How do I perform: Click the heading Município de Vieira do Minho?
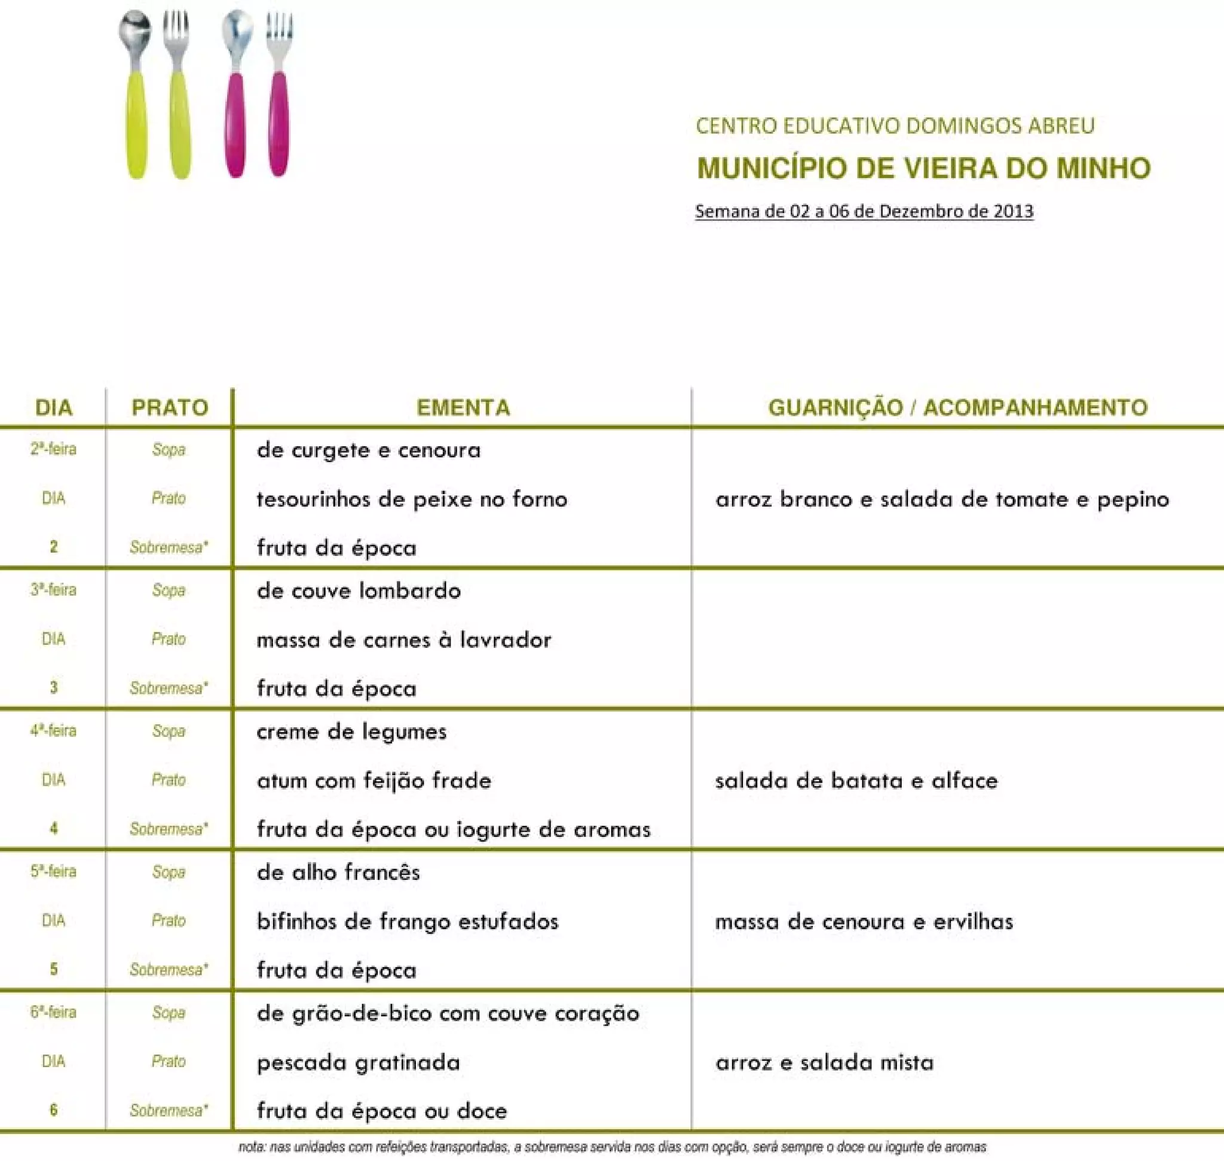coord(923,168)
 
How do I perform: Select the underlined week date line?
coord(864,211)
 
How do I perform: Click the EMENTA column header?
coord(463,408)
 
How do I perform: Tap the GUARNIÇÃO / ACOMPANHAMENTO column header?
coord(957,408)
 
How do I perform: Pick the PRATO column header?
coord(170,408)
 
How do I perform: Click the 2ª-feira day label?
coord(53,449)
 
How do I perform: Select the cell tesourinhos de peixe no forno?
coord(412,499)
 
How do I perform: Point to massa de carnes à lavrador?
coord(404,640)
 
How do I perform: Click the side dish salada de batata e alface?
coord(856,781)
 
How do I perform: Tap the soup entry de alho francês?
coord(338,873)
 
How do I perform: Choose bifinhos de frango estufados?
coord(408,922)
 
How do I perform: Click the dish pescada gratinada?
coord(358,1062)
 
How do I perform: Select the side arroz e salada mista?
coord(824,1062)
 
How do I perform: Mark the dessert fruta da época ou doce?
coord(382,1111)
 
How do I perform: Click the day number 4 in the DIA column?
coord(54,828)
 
